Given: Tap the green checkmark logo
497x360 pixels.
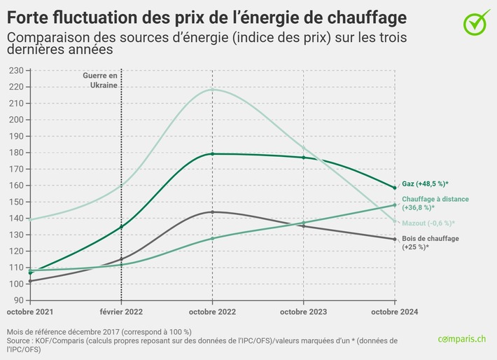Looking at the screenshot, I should pyautogui.click(x=477, y=20).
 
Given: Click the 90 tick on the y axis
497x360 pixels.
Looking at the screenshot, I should pyautogui.click(x=16, y=300).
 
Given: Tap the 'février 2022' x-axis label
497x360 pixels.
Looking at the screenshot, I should pyautogui.click(x=122, y=310).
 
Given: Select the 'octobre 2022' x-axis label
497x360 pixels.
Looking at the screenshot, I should pyautogui.click(x=212, y=310).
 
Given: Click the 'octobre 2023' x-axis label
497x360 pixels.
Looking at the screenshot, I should pyautogui.click(x=303, y=310).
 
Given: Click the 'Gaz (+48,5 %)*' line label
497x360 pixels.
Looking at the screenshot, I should pyautogui.click(x=425, y=184).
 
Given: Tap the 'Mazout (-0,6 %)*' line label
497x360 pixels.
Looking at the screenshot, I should pyautogui.click(x=428, y=223).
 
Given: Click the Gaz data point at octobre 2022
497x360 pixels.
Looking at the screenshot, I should pyautogui.click(x=212, y=154).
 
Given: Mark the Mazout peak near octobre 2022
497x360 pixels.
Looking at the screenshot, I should pyautogui.click(x=212, y=89).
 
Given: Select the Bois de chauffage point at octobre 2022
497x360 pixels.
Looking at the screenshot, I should pyautogui.click(x=212, y=212).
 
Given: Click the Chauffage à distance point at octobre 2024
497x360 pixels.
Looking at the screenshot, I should pyautogui.click(x=394, y=205).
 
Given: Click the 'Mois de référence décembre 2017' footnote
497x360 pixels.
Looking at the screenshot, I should pyautogui.click(x=99, y=331).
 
